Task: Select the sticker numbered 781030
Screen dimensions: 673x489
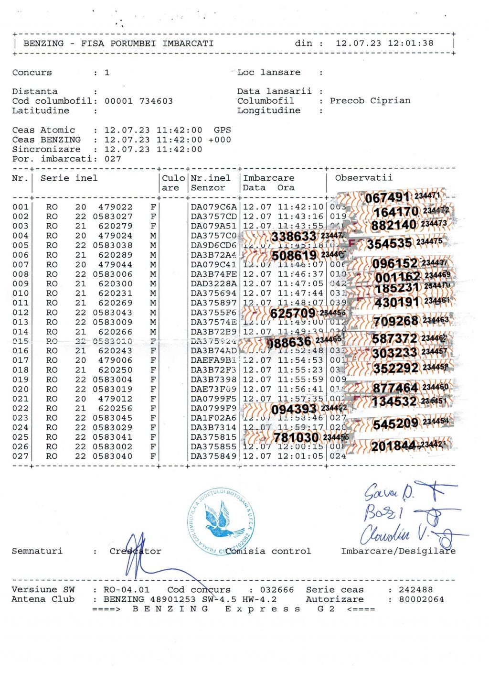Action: pyautogui.click(x=296, y=438)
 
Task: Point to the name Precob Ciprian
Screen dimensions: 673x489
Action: pyautogui.click(x=370, y=101)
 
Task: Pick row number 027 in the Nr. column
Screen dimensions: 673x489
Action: pyautogui.click(x=21, y=456)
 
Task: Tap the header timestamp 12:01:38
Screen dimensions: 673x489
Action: pyautogui.click(x=411, y=43)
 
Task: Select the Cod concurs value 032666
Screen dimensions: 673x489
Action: pyautogui.click(x=277, y=590)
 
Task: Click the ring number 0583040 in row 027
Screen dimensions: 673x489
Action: pyautogui.click(x=113, y=456)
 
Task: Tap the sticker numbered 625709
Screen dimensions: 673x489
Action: pyautogui.click(x=292, y=314)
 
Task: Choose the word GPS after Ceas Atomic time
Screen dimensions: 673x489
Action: pyautogui.click(x=222, y=130)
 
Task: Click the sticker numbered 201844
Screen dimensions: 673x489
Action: pyautogui.click(x=393, y=446)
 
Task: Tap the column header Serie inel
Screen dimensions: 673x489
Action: pyautogui.click(x=69, y=178)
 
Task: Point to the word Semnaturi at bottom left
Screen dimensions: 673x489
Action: pyautogui.click(x=37, y=551)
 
